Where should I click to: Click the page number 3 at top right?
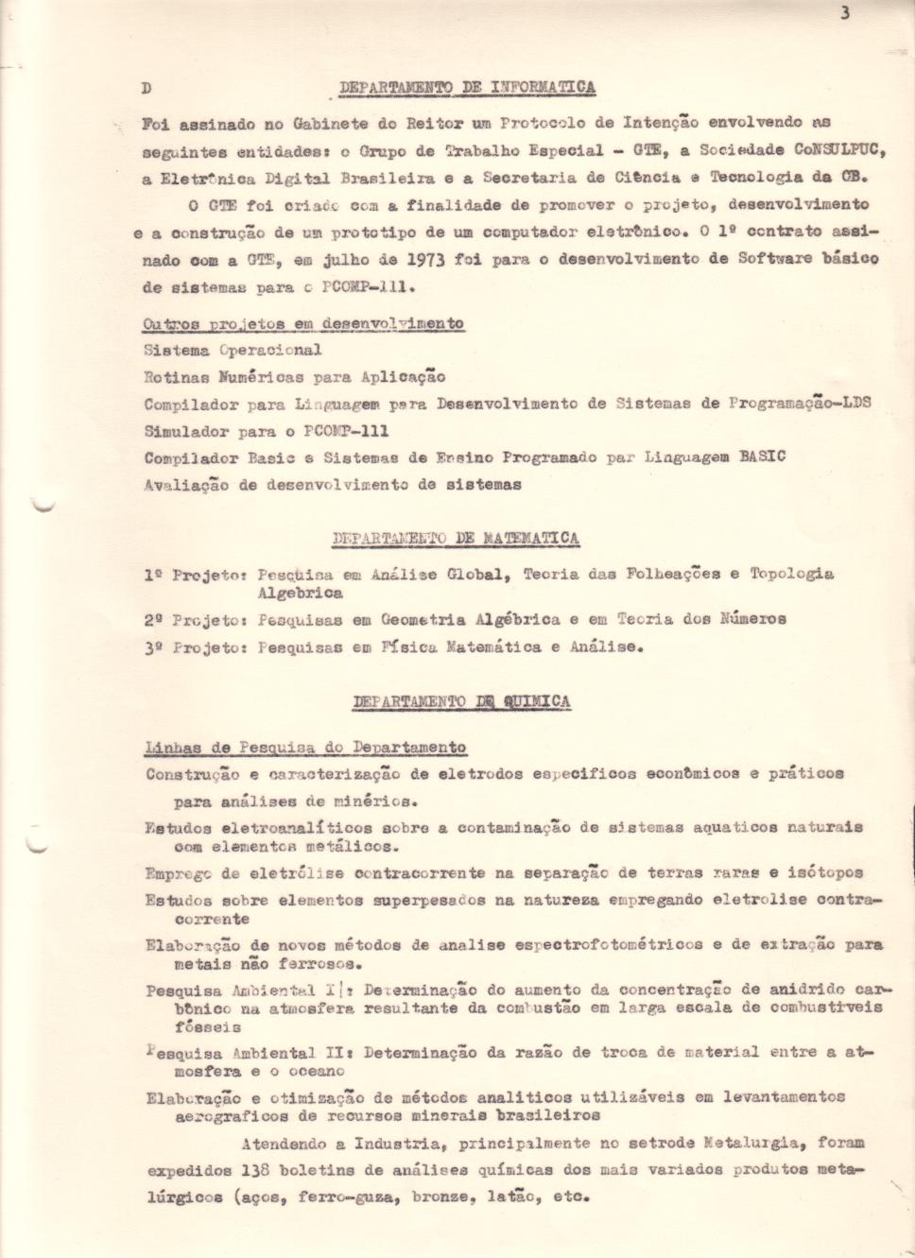tap(844, 12)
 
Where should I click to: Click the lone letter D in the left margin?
tap(146, 88)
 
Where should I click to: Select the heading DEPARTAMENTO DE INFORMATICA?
tap(467, 87)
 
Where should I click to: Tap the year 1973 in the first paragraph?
tap(425, 258)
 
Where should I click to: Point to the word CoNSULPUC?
tap(839, 149)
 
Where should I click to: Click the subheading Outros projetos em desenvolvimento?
tap(303, 323)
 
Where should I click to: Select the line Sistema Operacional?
tap(233, 350)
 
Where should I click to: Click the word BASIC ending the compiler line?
tap(762, 457)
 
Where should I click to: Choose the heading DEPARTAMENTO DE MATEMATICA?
tap(456, 538)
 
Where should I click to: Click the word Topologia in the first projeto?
tap(791, 573)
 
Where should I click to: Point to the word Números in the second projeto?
tap(752, 619)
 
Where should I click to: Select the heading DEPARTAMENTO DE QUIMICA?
tap(461, 701)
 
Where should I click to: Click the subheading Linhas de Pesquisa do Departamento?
tap(305, 748)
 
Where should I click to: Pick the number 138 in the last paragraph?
tap(256, 1169)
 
